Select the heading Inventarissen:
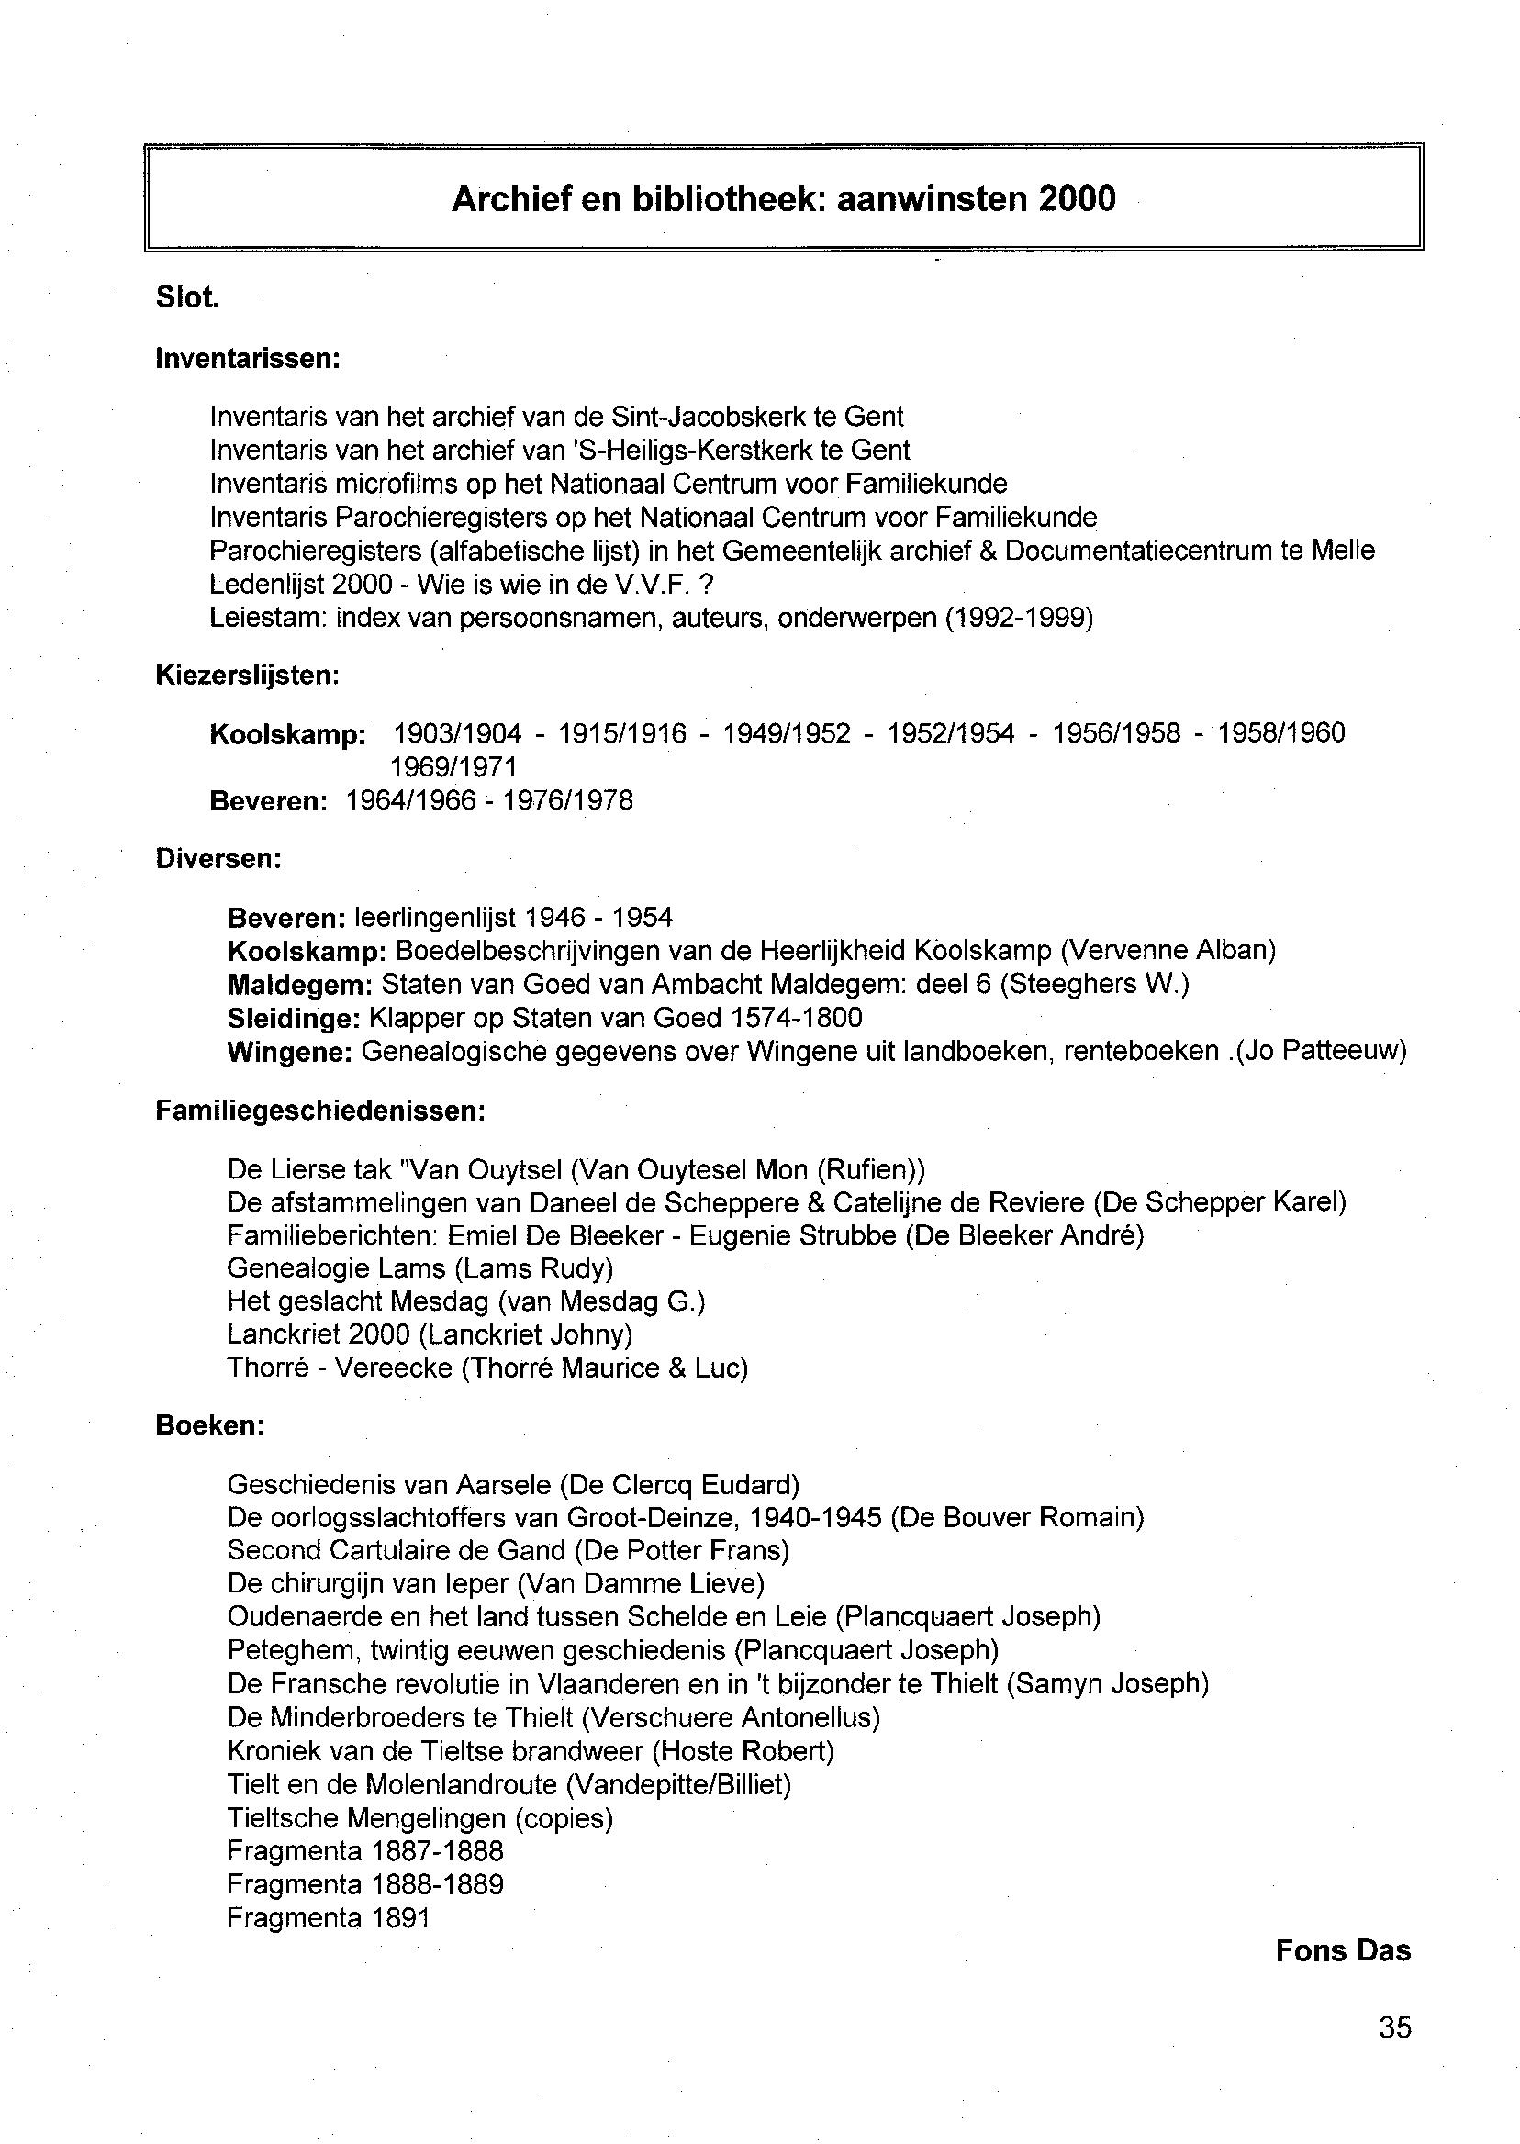[x=247, y=359]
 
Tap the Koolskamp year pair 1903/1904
[x=457, y=733]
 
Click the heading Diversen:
[x=218, y=859]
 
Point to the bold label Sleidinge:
[x=294, y=1018]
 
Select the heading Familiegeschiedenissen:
[x=320, y=1111]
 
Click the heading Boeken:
[x=209, y=1426]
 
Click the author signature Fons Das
[x=1342, y=1951]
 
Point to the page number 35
[x=1394, y=2028]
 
